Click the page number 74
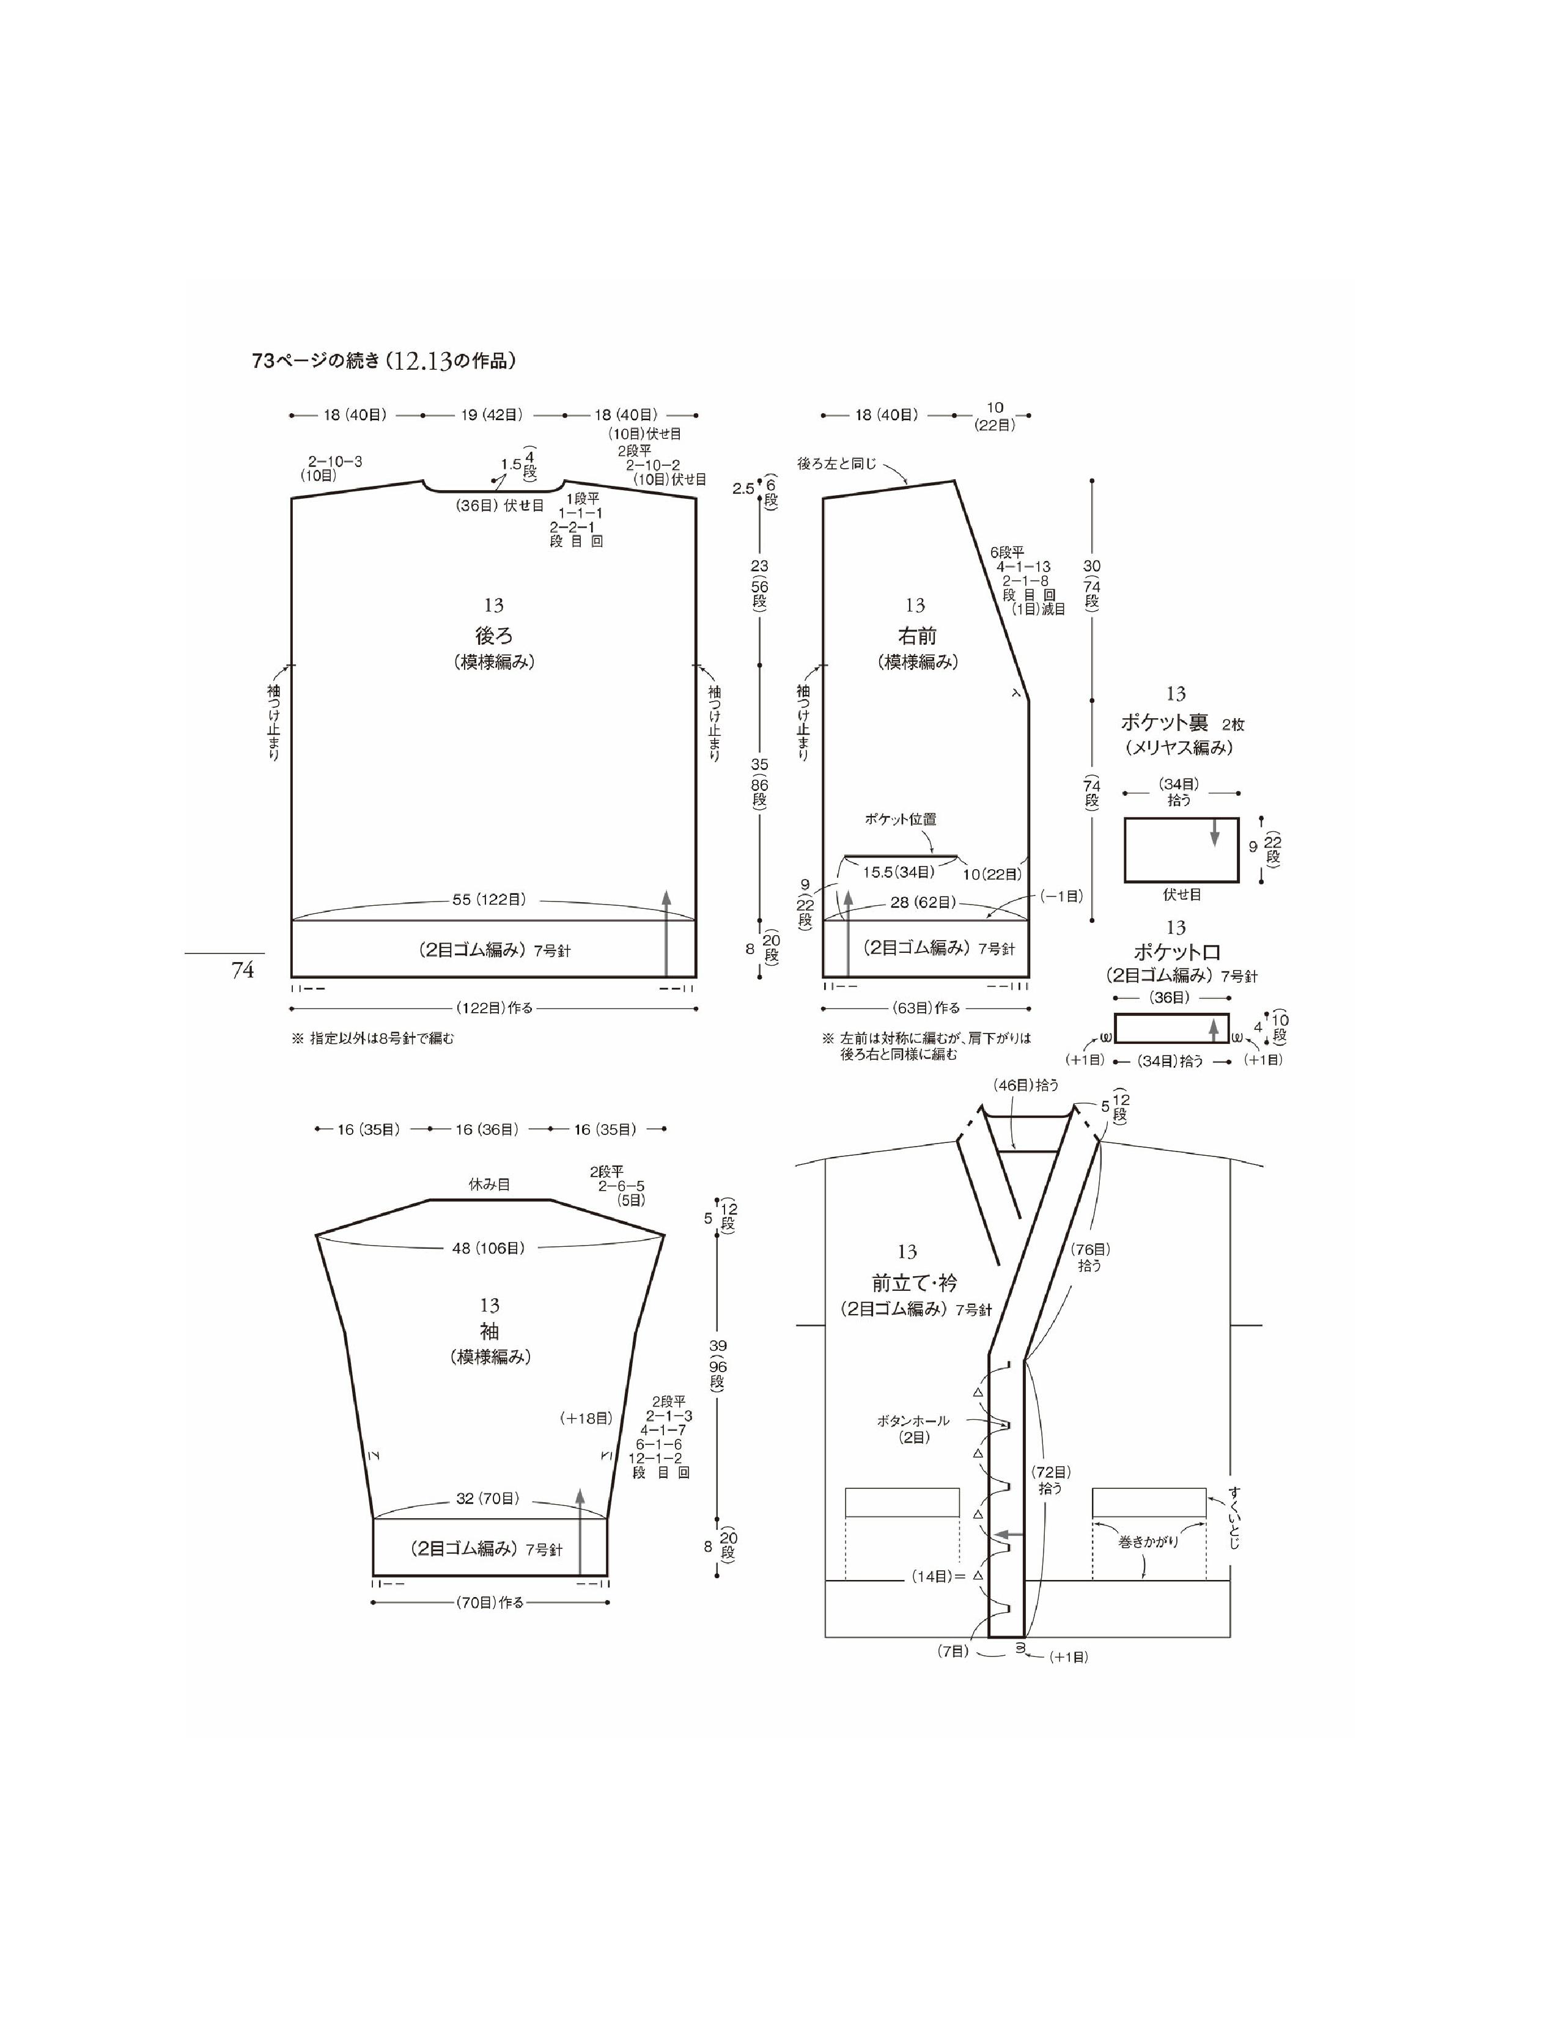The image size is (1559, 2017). point(243,970)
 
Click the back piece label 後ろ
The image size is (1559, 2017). point(493,636)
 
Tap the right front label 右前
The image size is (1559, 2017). point(917,636)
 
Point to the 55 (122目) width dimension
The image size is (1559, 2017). point(490,900)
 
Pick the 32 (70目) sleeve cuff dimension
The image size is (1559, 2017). point(488,1498)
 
